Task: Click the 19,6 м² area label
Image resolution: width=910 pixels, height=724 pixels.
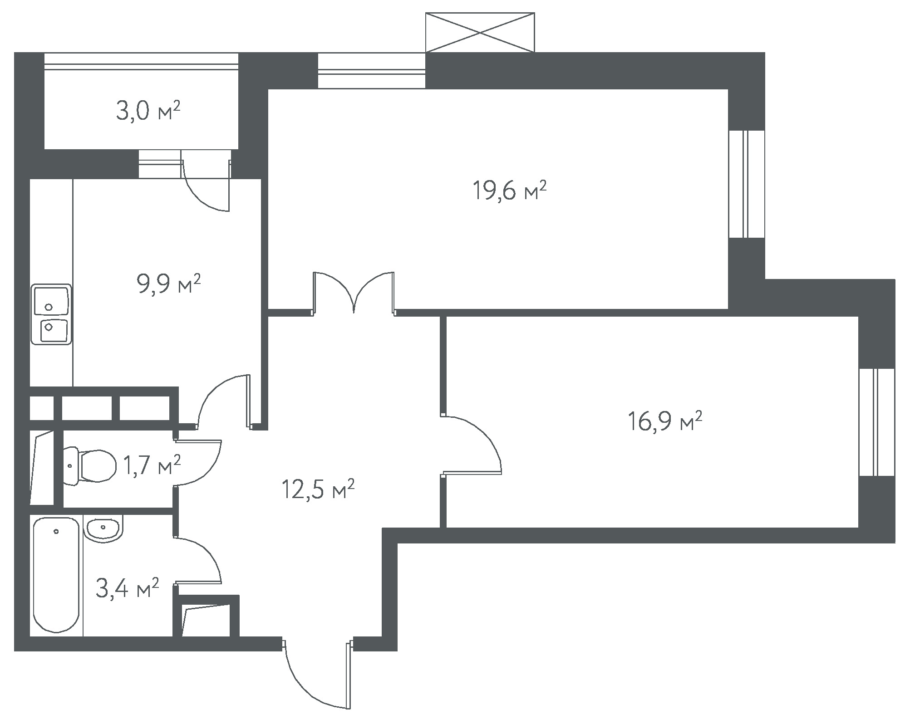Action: [509, 191]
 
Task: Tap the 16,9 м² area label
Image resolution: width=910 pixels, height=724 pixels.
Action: [665, 421]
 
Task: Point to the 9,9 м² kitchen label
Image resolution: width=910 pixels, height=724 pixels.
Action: [168, 284]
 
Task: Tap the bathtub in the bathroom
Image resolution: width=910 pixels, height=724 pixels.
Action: [57, 575]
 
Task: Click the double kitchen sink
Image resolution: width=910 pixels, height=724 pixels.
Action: [51, 314]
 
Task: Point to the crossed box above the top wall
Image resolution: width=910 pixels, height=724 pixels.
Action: [480, 32]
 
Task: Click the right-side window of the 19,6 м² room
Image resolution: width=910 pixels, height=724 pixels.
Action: [747, 184]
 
